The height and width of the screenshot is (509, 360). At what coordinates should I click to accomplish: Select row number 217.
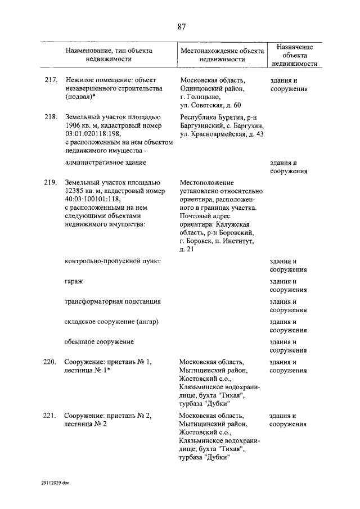[x=51, y=80]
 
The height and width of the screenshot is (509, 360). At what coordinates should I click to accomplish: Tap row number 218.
[x=51, y=117]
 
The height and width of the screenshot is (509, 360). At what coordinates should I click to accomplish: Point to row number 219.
[x=51, y=183]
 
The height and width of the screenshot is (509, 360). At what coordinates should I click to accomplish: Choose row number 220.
[x=51, y=362]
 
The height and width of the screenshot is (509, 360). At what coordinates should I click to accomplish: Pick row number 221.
[x=51, y=416]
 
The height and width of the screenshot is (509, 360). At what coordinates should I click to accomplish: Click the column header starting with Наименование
[x=109, y=54]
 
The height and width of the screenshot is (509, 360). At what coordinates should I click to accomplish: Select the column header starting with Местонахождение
[x=223, y=54]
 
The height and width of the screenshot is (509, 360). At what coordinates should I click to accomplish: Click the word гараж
[x=74, y=281]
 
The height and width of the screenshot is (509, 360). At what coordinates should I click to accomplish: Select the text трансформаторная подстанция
[x=112, y=301]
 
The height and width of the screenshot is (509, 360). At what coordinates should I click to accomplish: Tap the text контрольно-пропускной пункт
[x=112, y=261]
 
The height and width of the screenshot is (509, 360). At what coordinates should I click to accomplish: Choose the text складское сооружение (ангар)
[x=111, y=322]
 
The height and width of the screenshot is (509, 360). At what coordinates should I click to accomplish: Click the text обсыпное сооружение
[x=99, y=342]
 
